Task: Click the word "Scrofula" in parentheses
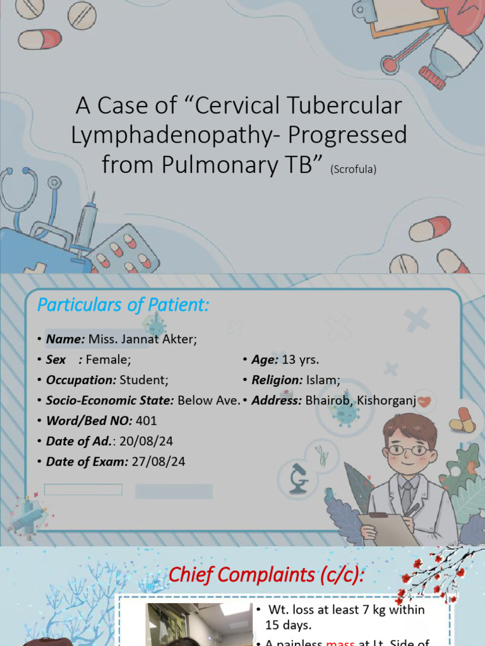(353, 169)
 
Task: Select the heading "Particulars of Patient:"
(123, 305)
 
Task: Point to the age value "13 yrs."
(300, 360)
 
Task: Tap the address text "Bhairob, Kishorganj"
(360, 400)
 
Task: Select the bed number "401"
(146, 421)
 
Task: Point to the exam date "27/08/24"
(158, 461)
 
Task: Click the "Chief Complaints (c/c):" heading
(266, 575)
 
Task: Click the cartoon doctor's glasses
(408, 450)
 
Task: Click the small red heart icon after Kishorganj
(424, 401)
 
